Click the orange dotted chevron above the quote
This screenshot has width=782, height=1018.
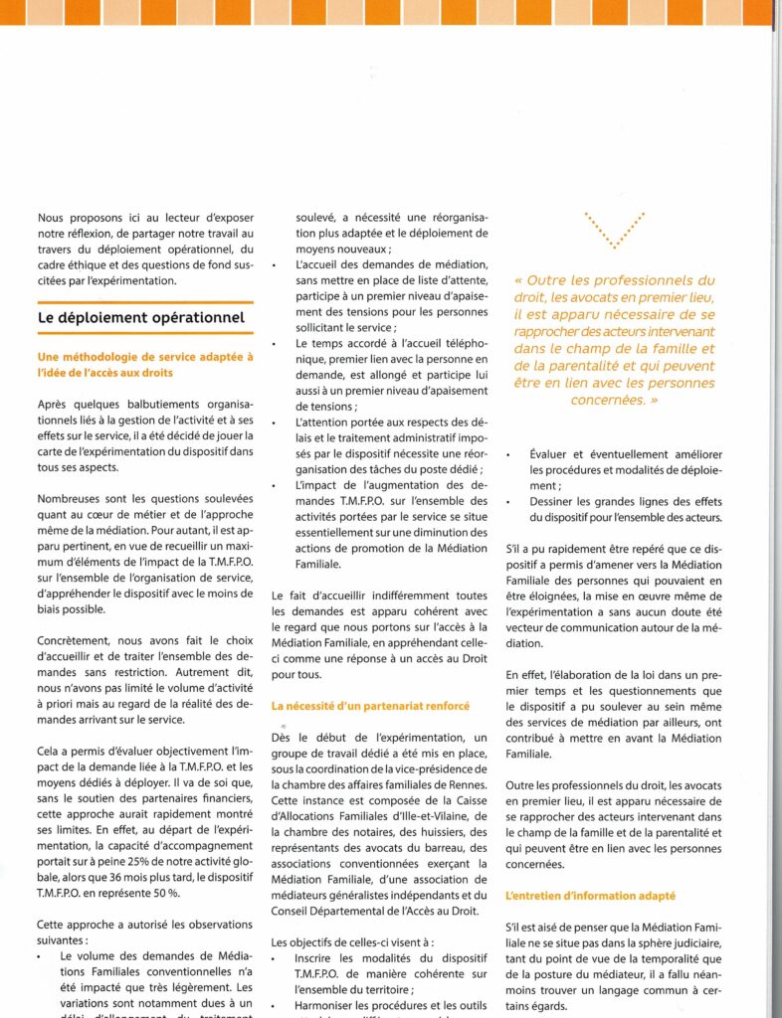pos(614,230)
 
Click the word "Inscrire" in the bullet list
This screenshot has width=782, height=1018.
pos(317,962)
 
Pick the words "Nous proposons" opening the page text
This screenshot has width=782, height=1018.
pos(81,217)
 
